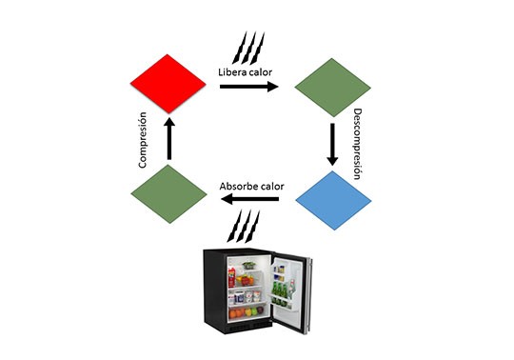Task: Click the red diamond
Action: [x=168, y=84]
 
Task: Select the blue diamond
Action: [x=333, y=200]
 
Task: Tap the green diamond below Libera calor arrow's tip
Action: [x=333, y=88]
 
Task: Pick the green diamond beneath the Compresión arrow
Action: [x=168, y=194]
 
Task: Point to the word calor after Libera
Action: [x=260, y=71]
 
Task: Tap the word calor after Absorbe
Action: [x=271, y=187]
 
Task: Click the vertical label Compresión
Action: [x=142, y=140]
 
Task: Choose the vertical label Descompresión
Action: [x=358, y=144]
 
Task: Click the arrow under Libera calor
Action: [x=249, y=87]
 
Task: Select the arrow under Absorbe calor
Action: [x=249, y=199]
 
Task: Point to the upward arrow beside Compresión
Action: [x=169, y=138]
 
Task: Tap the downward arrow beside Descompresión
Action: [x=332, y=145]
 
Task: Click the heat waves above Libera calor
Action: [x=248, y=49]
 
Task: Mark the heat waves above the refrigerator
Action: [x=244, y=227]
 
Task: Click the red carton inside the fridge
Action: [x=232, y=277]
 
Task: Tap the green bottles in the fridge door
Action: [x=279, y=292]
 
